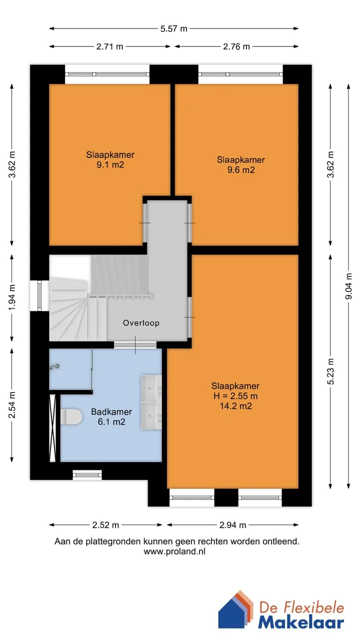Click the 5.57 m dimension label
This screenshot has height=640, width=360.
173,28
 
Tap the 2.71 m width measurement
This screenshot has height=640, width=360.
109,46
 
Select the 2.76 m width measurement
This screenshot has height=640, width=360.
236,46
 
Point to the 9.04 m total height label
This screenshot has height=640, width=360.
348,286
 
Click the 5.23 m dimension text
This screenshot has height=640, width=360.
330,371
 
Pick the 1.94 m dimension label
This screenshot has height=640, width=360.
11,297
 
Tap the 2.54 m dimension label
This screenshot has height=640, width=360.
11,405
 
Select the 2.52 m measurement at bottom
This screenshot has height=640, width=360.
105,525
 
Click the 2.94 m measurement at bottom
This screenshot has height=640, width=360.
232,525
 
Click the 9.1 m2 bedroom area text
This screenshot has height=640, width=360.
110,165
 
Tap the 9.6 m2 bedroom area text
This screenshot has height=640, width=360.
241,170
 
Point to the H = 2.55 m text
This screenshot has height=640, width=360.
235,396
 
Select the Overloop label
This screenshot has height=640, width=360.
141,323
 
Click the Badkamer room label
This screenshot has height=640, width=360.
111,411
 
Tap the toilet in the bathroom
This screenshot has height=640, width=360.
71,417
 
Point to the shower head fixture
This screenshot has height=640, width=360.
54,367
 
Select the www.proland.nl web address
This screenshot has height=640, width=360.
174,551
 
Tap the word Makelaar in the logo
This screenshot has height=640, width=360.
301,622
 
